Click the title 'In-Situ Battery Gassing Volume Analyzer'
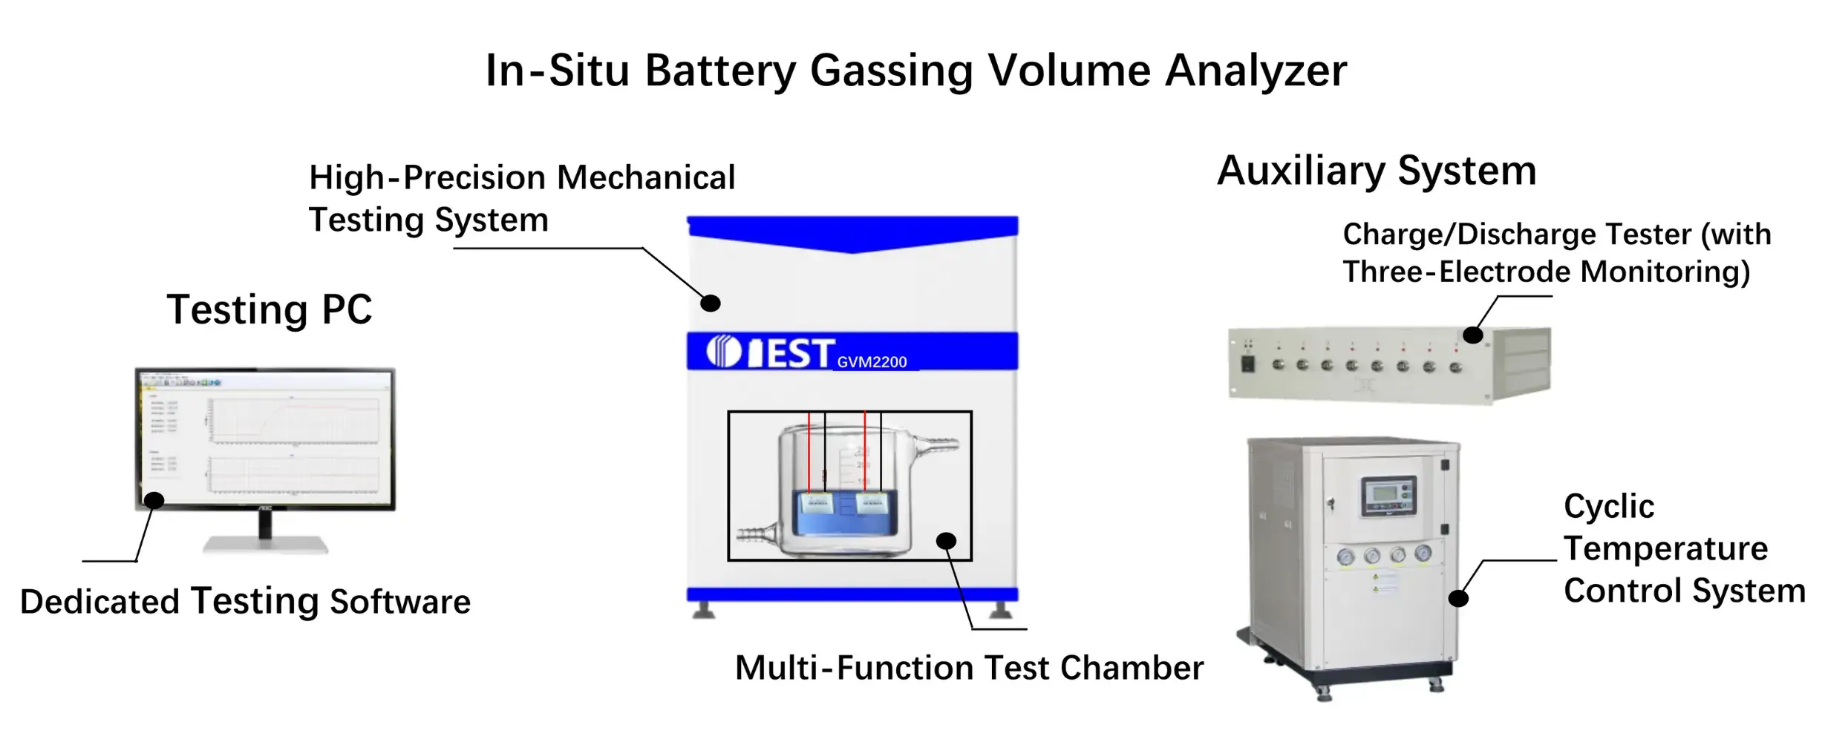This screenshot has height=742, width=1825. tap(915, 71)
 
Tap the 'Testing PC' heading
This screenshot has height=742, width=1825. tap(269, 309)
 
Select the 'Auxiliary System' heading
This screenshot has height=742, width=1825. tap(1377, 171)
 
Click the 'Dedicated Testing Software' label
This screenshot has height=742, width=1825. tap(245, 602)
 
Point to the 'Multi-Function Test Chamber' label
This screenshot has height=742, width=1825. tap(969, 668)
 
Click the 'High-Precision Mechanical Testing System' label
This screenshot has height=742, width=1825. tap(521, 199)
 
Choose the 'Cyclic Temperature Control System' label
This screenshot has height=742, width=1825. tap(1684, 549)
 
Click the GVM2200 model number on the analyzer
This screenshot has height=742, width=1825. tap(872, 362)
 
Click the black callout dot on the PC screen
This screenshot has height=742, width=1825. tap(154, 500)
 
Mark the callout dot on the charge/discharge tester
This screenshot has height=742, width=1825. tap(1473, 335)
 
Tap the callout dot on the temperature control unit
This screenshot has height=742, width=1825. tap(1458, 598)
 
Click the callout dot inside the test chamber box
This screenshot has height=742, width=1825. tap(946, 541)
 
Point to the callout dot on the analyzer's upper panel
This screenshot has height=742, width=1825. tap(711, 303)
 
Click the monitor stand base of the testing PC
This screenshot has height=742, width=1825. tap(265, 545)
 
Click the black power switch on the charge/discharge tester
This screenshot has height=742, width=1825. tap(1248, 364)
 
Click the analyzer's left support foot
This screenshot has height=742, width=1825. tap(703, 611)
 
